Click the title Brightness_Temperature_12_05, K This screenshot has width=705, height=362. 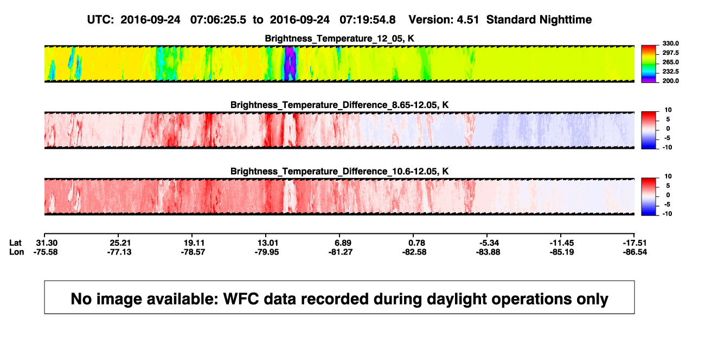click(x=339, y=39)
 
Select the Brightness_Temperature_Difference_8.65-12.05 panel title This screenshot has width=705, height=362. click(x=339, y=105)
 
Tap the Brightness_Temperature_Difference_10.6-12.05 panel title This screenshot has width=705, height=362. click(x=339, y=172)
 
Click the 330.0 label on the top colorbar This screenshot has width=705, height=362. click(x=670, y=43)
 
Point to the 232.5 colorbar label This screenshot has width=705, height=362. click(x=670, y=72)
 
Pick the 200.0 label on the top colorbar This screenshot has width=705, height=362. click(x=670, y=81)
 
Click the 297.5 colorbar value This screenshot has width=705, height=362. click(x=670, y=53)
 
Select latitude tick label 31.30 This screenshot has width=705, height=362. click(x=47, y=243)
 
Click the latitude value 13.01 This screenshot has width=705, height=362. click(x=268, y=243)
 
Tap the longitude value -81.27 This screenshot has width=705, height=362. click(x=340, y=252)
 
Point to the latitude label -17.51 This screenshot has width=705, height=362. click(x=634, y=243)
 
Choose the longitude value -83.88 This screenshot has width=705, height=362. click(x=488, y=252)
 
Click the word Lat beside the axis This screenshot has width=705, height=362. click(x=15, y=243)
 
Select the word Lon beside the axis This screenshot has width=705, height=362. click(x=16, y=252)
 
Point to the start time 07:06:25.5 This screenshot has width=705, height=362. click(x=218, y=20)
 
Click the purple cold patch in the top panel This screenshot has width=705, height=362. click(x=291, y=63)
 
